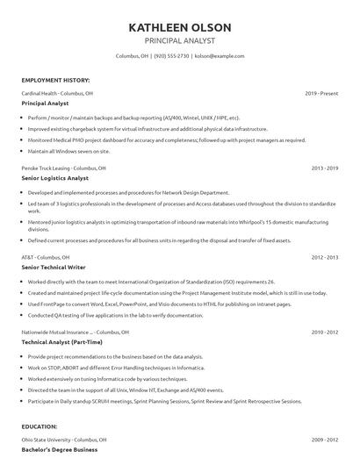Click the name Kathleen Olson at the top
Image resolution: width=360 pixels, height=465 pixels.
click(179, 25)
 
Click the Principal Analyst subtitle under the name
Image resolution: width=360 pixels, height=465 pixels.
click(179, 40)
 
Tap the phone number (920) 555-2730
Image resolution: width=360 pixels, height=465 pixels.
click(171, 55)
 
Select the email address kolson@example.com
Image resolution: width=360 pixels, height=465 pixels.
click(220, 55)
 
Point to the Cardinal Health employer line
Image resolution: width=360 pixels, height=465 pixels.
click(58, 92)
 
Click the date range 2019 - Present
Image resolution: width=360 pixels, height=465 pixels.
click(321, 92)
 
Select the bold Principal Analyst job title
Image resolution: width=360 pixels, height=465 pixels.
click(46, 103)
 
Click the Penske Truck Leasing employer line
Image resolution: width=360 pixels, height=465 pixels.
click(63, 167)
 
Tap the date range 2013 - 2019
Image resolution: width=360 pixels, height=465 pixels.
click(324, 167)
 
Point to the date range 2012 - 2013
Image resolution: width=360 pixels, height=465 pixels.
click(324, 257)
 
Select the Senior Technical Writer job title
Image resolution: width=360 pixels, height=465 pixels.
click(55, 268)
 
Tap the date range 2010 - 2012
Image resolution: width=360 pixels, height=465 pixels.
click(324, 333)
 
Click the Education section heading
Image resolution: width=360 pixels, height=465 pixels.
click(40, 426)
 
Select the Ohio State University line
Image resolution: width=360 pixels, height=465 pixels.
click(64, 439)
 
